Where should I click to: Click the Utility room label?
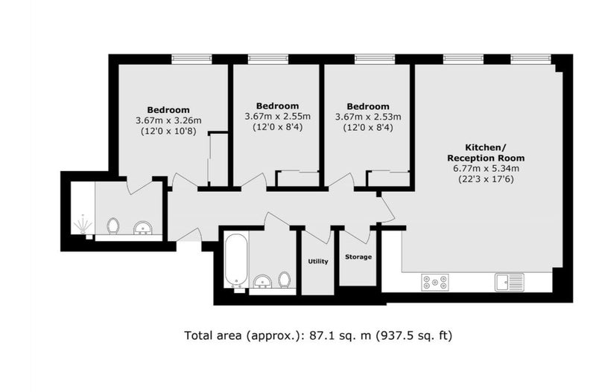click(x=318, y=262)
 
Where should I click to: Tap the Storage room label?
click(x=358, y=257)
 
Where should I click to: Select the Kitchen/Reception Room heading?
click(x=486, y=152)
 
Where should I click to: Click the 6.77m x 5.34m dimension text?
click(x=486, y=169)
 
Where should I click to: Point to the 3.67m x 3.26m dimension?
click(x=168, y=121)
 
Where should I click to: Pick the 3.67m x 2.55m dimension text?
click(x=277, y=117)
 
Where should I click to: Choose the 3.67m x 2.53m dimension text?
click(x=368, y=117)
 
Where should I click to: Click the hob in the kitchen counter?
click(x=435, y=283)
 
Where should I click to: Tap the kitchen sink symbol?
click(x=510, y=283)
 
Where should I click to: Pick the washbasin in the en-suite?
click(x=143, y=228)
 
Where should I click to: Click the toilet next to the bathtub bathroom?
click(x=285, y=280)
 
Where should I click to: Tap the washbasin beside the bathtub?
click(x=262, y=281)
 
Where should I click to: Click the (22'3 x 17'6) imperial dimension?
click(x=486, y=179)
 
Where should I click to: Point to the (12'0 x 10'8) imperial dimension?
click(x=168, y=132)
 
